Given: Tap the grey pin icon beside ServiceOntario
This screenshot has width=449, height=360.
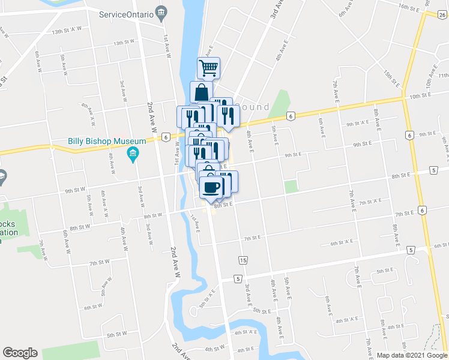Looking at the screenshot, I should tap(160, 12).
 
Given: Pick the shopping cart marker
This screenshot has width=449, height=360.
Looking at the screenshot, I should tap(208, 68).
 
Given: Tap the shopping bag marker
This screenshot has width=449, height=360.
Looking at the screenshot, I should tap(201, 92).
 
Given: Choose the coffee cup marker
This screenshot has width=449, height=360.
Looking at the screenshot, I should tap(211, 187).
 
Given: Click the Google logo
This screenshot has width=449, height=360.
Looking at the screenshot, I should tap(20, 353).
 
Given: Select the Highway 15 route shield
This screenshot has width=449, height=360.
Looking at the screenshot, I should tap(243, 260).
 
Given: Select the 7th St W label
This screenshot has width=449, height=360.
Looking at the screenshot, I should tap(99, 262).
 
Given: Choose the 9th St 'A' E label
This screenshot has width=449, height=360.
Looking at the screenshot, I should tap(358, 124).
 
